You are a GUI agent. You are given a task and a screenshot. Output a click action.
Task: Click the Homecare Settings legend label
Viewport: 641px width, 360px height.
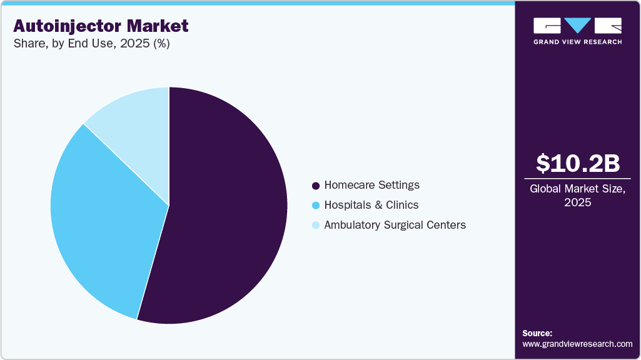[371, 185]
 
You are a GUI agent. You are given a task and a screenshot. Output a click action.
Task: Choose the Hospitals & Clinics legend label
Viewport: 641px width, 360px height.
[371, 205]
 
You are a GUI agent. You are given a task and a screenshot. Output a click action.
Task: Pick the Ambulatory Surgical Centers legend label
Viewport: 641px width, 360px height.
[395, 225]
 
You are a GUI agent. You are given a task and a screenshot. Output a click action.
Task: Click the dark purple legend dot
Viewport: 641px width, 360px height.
[316, 186]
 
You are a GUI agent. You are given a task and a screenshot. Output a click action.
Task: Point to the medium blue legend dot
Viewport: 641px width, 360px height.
[316, 206]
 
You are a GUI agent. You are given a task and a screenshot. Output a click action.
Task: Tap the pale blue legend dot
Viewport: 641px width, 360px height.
[316, 226]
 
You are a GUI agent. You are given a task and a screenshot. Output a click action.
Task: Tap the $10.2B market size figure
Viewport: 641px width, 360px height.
[578, 163]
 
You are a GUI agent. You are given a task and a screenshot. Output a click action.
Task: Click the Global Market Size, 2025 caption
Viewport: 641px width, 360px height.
[578, 196]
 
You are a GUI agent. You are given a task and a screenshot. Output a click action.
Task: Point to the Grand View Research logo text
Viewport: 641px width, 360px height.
[578, 42]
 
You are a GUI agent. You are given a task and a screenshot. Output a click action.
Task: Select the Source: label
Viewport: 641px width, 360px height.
[537, 333]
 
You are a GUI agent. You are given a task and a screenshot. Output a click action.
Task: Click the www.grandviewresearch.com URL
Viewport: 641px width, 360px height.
[577, 344]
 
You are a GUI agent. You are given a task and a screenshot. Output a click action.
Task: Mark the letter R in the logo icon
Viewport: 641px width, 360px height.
[608, 26]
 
